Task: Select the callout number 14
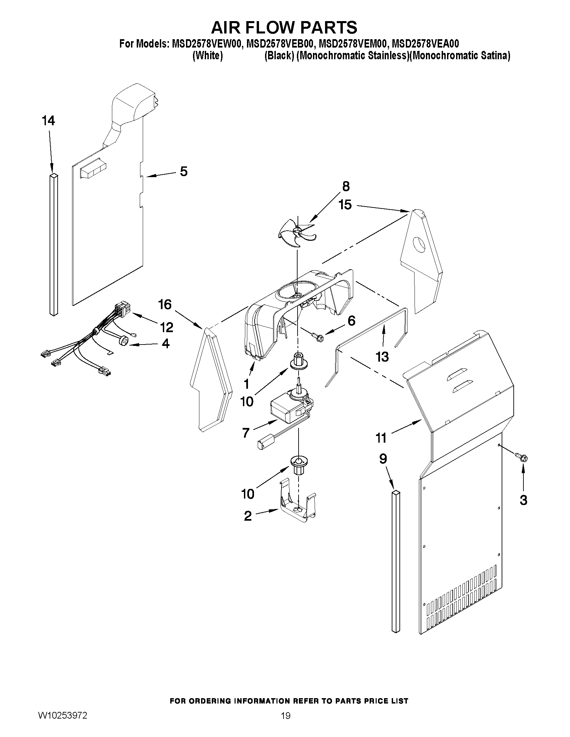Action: pyautogui.click(x=49, y=121)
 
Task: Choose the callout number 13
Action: pyautogui.click(x=382, y=357)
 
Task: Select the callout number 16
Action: pyautogui.click(x=165, y=305)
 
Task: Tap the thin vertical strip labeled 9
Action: pyautogui.click(x=396, y=562)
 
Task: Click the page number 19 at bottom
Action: pyautogui.click(x=286, y=725)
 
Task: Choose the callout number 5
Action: pyautogui.click(x=183, y=172)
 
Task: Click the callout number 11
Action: pyautogui.click(x=381, y=438)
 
